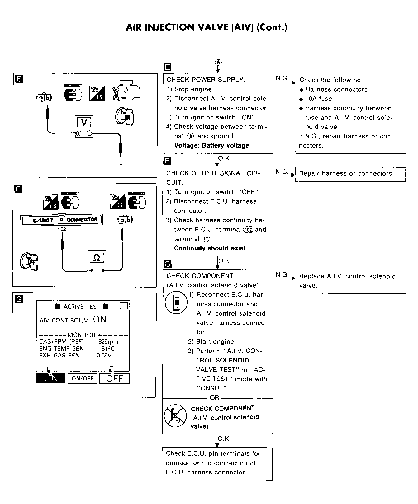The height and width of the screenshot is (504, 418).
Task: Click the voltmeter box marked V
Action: click(x=84, y=127)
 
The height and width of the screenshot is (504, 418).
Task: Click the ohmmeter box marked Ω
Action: click(x=97, y=262)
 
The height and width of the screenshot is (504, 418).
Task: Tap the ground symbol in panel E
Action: click(x=121, y=162)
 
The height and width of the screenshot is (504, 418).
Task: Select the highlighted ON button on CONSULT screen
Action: click(x=51, y=378)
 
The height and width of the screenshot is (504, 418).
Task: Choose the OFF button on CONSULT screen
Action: click(x=114, y=378)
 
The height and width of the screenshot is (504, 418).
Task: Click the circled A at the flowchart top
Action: click(x=218, y=62)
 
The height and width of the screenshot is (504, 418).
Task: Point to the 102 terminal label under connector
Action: click(x=62, y=229)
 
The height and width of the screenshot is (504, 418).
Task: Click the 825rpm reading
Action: click(x=108, y=342)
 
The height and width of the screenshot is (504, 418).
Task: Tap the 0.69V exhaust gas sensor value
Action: click(x=104, y=355)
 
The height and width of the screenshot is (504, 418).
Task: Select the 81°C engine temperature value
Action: click(x=108, y=348)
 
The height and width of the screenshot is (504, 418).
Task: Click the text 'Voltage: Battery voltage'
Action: click(x=211, y=145)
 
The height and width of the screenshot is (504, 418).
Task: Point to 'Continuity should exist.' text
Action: click(x=211, y=248)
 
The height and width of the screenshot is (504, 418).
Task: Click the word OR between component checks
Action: click(x=215, y=398)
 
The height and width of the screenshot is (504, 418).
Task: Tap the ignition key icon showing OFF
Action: click(x=29, y=261)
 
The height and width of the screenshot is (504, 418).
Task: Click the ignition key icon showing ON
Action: click(x=125, y=117)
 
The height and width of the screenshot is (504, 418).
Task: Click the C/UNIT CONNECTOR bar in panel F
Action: click(x=61, y=220)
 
